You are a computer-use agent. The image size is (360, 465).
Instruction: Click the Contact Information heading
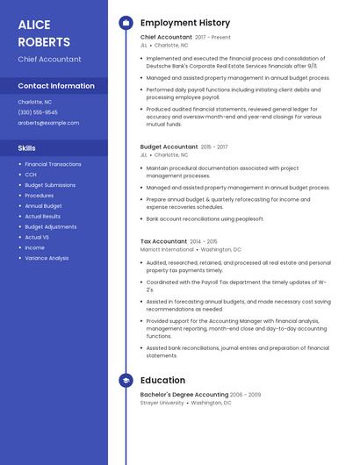tap(56, 86)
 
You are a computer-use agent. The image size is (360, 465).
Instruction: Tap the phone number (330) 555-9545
tap(38, 112)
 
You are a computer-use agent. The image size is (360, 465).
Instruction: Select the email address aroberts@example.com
tap(48, 123)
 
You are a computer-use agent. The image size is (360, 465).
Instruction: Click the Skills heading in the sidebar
tap(26, 148)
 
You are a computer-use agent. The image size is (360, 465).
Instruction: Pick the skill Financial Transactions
tap(53, 164)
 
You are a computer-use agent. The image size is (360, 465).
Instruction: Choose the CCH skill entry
tap(31, 175)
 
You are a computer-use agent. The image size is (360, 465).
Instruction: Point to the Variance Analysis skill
tap(47, 258)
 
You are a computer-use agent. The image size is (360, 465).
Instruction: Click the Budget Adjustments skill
tap(51, 226)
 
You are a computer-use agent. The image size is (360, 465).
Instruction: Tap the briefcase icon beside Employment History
tap(126, 23)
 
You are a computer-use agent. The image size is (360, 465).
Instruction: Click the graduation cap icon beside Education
tap(126, 380)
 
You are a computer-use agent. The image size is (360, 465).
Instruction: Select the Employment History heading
tap(185, 23)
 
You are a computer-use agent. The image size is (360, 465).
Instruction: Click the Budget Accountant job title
tap(169, 147)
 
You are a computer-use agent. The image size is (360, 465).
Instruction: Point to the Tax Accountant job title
tap(163, 241)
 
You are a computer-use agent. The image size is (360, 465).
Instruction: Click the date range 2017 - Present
tap(213, 38)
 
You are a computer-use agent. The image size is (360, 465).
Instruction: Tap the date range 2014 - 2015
tap(204, 241)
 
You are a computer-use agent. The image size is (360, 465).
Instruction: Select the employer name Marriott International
tap(167, 249)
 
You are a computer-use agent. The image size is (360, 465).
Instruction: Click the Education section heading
tap(162, 380)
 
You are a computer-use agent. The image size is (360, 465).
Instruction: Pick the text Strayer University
tap(162, 403)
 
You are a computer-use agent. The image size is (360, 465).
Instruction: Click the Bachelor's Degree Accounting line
tap(184, 395)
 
